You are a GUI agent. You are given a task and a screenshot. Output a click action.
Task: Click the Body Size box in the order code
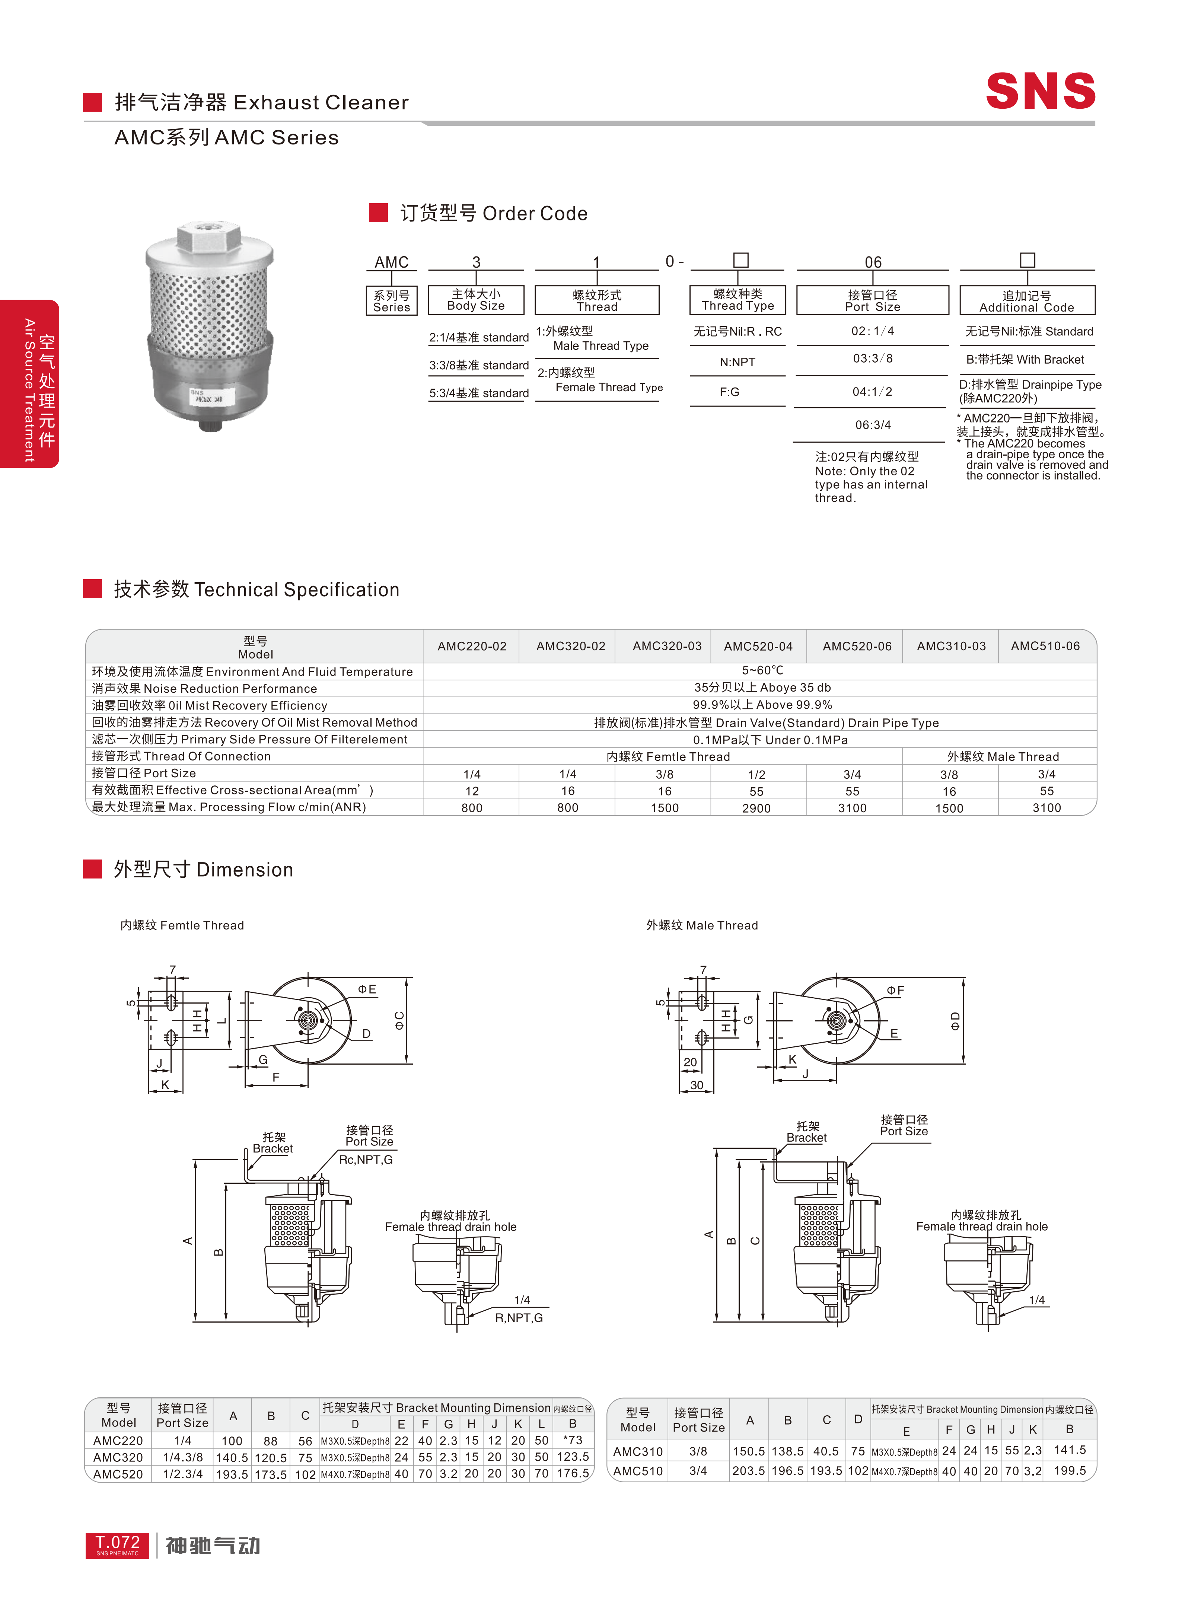coord(476,300)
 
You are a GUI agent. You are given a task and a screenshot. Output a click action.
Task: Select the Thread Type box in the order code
coord(737,300)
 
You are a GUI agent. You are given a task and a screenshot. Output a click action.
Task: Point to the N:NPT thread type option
coord(737,362)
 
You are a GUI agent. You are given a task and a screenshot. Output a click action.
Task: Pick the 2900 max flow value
coord(756,808)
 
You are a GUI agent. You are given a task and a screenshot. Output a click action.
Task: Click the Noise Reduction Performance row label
coord(205,688)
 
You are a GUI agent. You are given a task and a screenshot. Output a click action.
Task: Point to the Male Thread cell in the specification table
coord(1003,756)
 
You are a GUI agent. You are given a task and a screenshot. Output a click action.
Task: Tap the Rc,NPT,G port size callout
coord(366,1160)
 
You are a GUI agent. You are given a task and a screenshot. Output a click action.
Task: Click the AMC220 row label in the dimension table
coord(118,1440)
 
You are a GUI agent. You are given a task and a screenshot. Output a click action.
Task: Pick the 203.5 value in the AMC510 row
coord(748,1471)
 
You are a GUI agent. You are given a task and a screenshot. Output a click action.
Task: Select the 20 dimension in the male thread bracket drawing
coord(690,1062)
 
